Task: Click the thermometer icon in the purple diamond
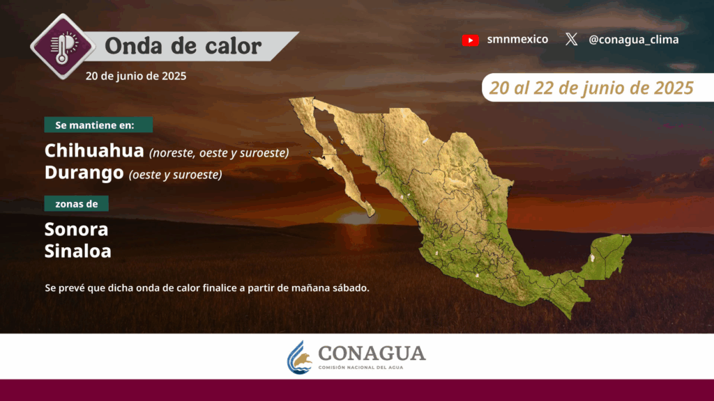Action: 63,47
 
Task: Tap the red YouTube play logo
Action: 470,40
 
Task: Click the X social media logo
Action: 572,40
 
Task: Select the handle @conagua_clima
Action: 633,40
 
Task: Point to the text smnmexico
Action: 517,40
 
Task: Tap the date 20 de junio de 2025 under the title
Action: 136,76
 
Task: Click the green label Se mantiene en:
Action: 98,125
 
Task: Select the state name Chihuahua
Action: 94,150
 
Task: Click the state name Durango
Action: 84,173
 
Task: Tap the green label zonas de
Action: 77,204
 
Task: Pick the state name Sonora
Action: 77,229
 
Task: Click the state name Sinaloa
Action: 78,251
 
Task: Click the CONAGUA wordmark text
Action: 372,353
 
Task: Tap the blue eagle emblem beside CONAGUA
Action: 300,358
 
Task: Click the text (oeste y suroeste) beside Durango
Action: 175,175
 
